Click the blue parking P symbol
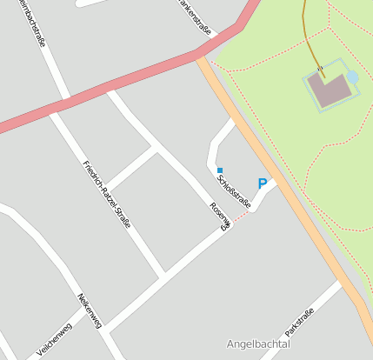pyautogui.click(x=262, y=184)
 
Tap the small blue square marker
pyautogui.click(x=220, y=170)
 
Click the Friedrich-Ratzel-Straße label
pyautogui.click(x=106, y=194)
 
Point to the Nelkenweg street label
pyautogui.click(x=90, y=310)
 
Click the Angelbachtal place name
pyautogui.click(x=257, y=344)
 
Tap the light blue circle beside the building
pyautogui.click(x=352, y=78)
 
